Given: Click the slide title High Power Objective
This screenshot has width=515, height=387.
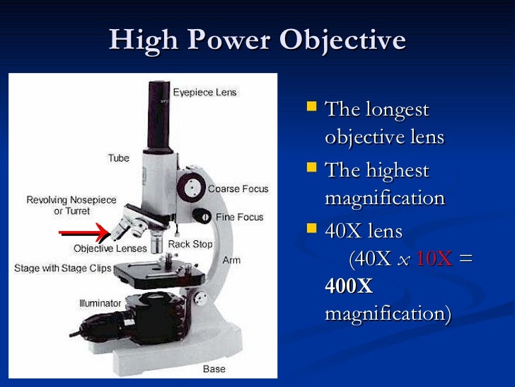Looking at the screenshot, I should click(x=257, y=40).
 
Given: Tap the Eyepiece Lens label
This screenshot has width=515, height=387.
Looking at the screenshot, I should click(x=205, y=93).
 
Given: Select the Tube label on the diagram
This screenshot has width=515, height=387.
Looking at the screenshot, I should click(x=118, y=158).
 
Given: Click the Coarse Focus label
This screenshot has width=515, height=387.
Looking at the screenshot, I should click(x=238, y=189).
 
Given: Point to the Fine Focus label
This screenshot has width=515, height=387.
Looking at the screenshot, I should click(x=239, y=217).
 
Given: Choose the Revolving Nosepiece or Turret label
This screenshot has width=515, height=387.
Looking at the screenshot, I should click(x=71, y=206).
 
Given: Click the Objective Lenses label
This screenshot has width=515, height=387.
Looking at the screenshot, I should click(x=110, y=249).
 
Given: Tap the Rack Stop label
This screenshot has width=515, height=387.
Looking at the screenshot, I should click(x=190, y=245).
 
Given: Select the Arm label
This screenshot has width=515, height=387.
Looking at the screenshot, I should click(x=231, y=260).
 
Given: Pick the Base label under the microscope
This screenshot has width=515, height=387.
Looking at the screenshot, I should click(x=214, y=369).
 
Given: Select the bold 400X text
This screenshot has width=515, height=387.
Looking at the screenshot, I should click(x=349, y=286).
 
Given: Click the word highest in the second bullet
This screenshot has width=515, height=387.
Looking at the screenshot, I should click(x=395, y=171).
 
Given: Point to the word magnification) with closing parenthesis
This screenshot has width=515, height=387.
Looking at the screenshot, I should click(x=387, y=313).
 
